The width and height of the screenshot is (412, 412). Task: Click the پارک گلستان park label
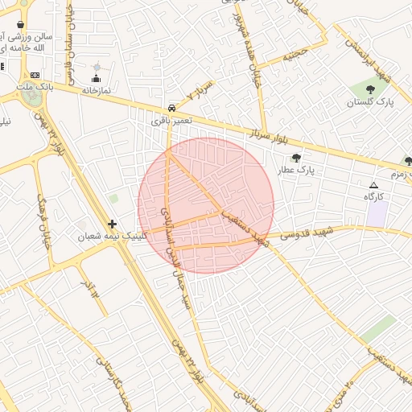tap(370, 102)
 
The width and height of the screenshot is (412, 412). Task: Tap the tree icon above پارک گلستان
tap(370, 89)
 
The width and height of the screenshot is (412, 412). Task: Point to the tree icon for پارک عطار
tap(296, 159)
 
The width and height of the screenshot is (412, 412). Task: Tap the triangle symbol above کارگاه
tap(373, 185)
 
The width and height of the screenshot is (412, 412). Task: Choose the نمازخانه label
tap(95, 90)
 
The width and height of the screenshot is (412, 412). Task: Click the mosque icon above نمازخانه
tap(97, 78)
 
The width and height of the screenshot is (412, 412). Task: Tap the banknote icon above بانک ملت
tap(35, 74)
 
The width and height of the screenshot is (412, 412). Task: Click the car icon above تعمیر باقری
tap(171, 108)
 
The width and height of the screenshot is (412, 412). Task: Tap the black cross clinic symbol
tap(112, 225)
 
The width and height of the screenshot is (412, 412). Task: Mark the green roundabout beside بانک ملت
tap(32, 97)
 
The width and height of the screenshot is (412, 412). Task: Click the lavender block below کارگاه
tap(377, 214)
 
